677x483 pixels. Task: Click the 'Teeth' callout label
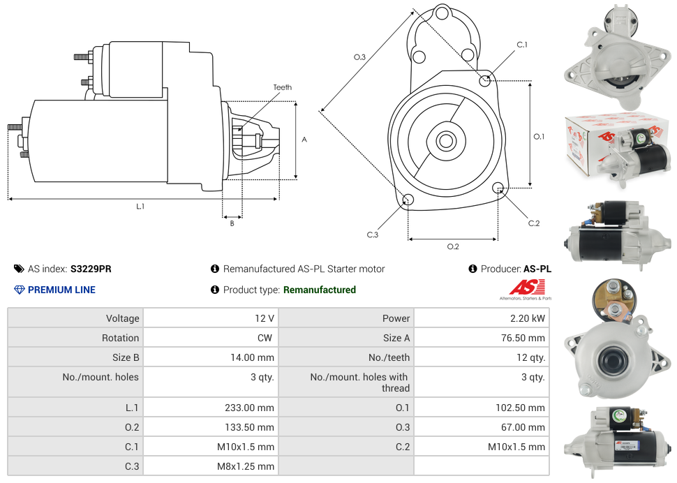click(283, 87)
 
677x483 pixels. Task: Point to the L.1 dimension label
click(140, 207)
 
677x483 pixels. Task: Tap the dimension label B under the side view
click(232, 223)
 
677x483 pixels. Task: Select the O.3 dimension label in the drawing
click(359, 57)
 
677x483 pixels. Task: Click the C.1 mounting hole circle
click(485, 80)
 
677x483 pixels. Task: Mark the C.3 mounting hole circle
click(408, 200)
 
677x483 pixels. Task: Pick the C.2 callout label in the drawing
click(534, 223)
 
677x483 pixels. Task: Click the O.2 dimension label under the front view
click(453, 246)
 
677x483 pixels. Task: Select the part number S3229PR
click(91, 269)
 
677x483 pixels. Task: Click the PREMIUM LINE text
click(61, 290)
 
